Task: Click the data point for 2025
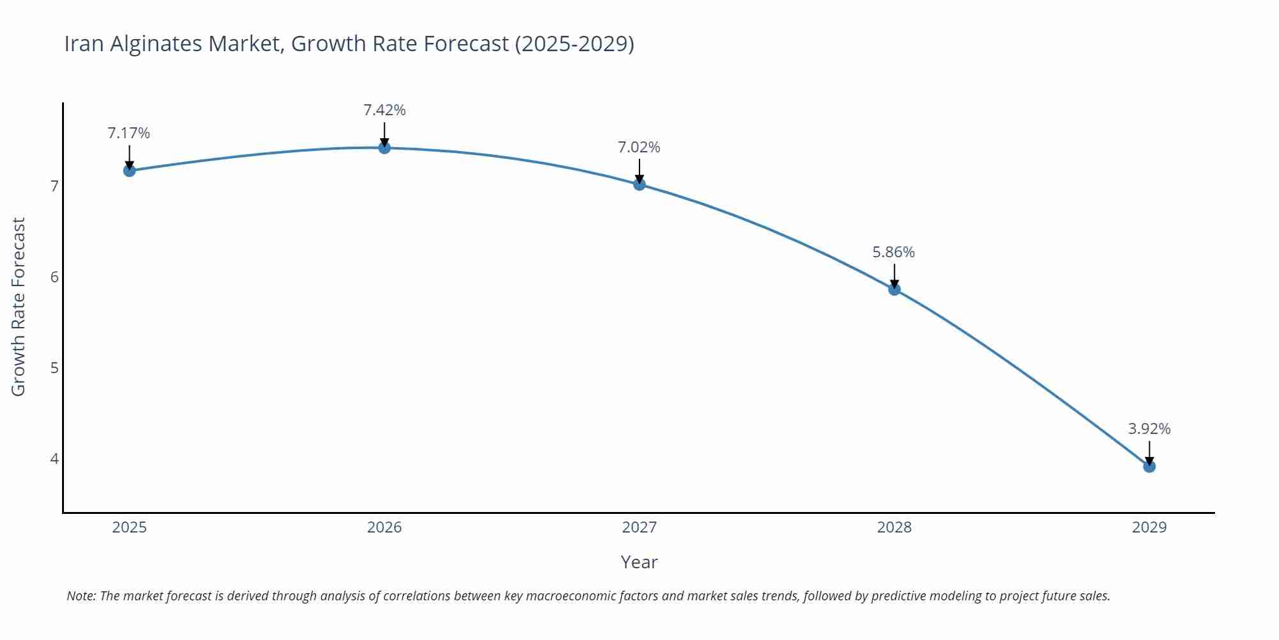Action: click(129, 170)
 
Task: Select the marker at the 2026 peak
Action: click(384, 148)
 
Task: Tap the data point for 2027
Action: click(639, 184)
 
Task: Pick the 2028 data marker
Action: click(894, 289)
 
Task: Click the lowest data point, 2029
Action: click(1149, 467)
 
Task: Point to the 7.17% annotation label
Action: click(129, 133)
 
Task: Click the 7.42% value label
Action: click(384, 110)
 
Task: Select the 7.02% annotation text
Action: click(639, 147)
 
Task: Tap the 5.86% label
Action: click(893, 252)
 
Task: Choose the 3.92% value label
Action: click(1149, 429)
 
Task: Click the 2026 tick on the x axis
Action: click(384, 527)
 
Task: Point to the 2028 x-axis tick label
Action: click(894, 527)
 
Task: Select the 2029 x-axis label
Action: click(1149, 527)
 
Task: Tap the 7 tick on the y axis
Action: click(54, 186)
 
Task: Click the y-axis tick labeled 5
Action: click(54, 368)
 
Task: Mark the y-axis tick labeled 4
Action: click(54, 459)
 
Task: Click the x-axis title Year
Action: click(639, 562)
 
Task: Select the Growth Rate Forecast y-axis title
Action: click(19, 307)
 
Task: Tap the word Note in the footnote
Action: click(81, 596)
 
